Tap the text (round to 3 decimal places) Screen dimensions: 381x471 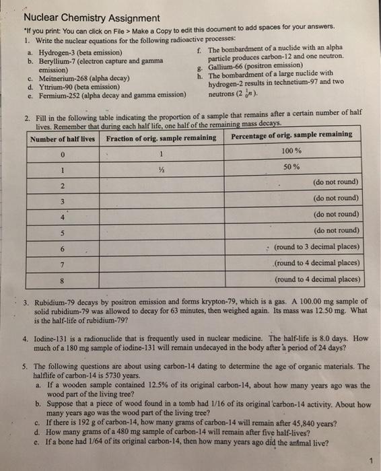tap(317, 246)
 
